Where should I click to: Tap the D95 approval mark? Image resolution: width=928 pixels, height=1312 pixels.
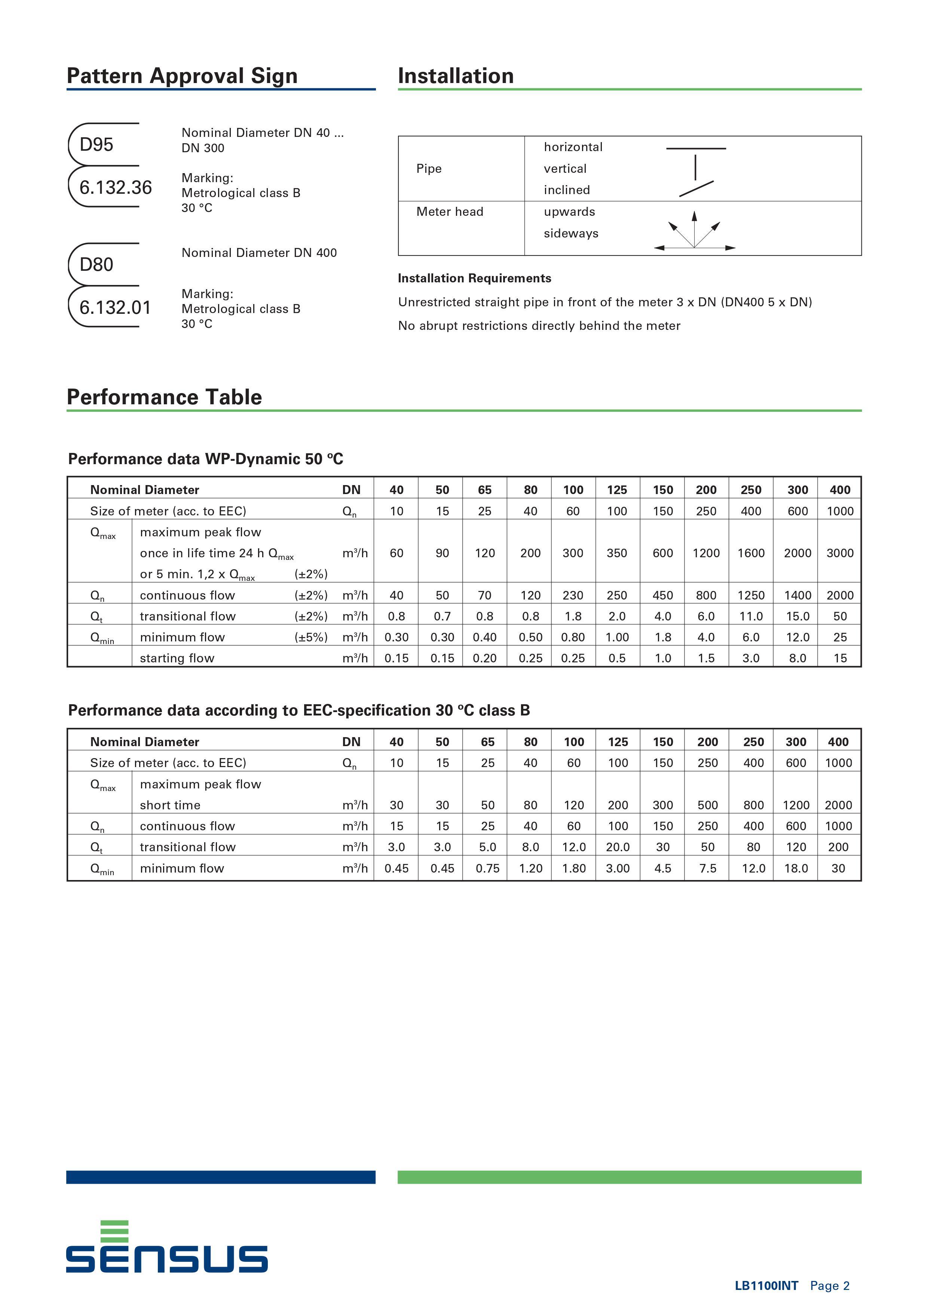(x=97, y=145)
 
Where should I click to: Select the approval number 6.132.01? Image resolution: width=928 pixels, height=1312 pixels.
(x=115, y=307)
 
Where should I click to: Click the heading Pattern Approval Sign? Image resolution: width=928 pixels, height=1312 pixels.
(x=182, y=76)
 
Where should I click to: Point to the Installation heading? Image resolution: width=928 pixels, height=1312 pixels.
(x=456, y=76)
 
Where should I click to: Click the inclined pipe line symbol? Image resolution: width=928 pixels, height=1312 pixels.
(x=696, y=188)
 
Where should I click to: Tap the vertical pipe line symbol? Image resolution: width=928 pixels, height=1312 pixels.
(x=695, y=168)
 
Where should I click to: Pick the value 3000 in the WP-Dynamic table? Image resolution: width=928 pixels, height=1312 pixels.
(x=839, y=553)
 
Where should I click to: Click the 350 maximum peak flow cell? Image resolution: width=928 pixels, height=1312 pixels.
(x=616, y=553)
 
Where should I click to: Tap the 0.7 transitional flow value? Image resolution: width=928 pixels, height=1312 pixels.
(x=442, y=616)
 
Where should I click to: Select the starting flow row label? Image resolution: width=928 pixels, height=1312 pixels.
(x=177, y=658)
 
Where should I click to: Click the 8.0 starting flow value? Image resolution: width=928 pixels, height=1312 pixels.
(x=797, y=658)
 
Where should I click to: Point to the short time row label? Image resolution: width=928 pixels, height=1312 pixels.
(x=170, y=805)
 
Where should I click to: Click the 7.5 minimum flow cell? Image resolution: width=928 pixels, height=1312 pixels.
(x=707, y=868)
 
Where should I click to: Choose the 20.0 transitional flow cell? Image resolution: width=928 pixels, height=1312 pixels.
(x=618, y=847)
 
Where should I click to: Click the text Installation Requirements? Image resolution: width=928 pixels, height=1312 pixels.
(x=474, y=278)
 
